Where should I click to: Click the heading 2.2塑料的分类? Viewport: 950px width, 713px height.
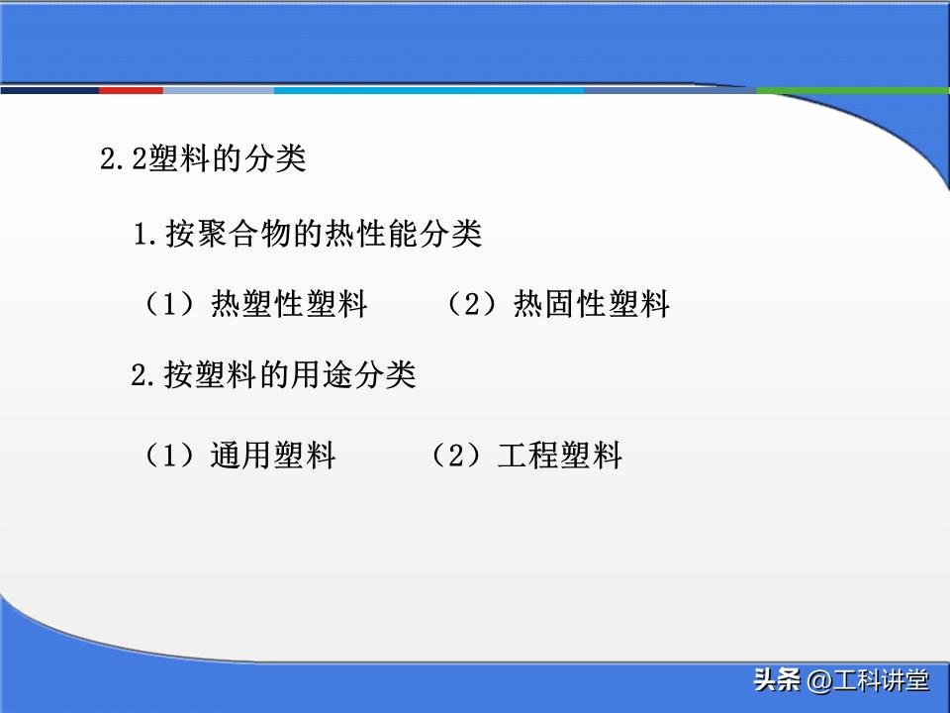pyautogui.click(x=203, y=159)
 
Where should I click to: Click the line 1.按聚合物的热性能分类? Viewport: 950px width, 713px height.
pyautogui.click(x=308, y=235)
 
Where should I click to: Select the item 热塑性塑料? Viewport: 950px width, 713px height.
pyautogui.click(x=289, y=304)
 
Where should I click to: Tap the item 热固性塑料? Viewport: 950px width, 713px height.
pyautogui.click(x=592, y=304)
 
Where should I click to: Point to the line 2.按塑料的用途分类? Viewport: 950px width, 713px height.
pyautogui.click(x=273, y=375)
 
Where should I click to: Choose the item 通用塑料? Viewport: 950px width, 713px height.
pyautogui.click(x=273, y=456)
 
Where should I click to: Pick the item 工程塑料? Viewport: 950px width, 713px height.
pyautogui.click(x=560, y=456)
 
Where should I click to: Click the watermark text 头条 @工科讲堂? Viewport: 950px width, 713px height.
pyautogui.click(x=841, y=680)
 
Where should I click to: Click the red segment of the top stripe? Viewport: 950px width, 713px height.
pyautogui.click(x=131, y=90)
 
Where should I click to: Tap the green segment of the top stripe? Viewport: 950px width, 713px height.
pyautogui.click(x=852, y=90)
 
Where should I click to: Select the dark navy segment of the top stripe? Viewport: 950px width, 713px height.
pyautogui.click(x=49, y=90)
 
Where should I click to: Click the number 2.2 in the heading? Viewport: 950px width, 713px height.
pyautogui.click(x=124, y=160)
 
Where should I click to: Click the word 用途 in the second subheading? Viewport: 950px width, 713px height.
pyautogui.click(x=323, y=375)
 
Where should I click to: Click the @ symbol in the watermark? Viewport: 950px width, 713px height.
pyautogui.click(x=819, y=681)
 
